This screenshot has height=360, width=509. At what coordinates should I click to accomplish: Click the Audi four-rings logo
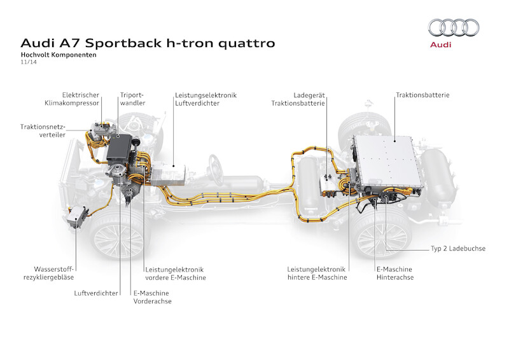pyautogui.click(x=453, y=27)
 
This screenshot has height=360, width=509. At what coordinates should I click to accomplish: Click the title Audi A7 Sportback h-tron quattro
pyautogui.click(x=148, y=43)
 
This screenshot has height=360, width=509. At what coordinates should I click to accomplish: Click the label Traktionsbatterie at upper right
pyautogui.click(x=422, y=95)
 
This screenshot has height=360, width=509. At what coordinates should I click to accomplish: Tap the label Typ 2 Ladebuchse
pyautogui.click(x=457, y=249)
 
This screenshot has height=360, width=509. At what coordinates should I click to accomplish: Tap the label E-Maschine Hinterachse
pyautogui.click(x=394, y=273)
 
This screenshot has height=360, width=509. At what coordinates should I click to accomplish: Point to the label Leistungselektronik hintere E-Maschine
pyautogui.click(x=316, y=273)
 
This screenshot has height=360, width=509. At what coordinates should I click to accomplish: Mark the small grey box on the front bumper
pyautogui.click(x=81, y=218)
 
